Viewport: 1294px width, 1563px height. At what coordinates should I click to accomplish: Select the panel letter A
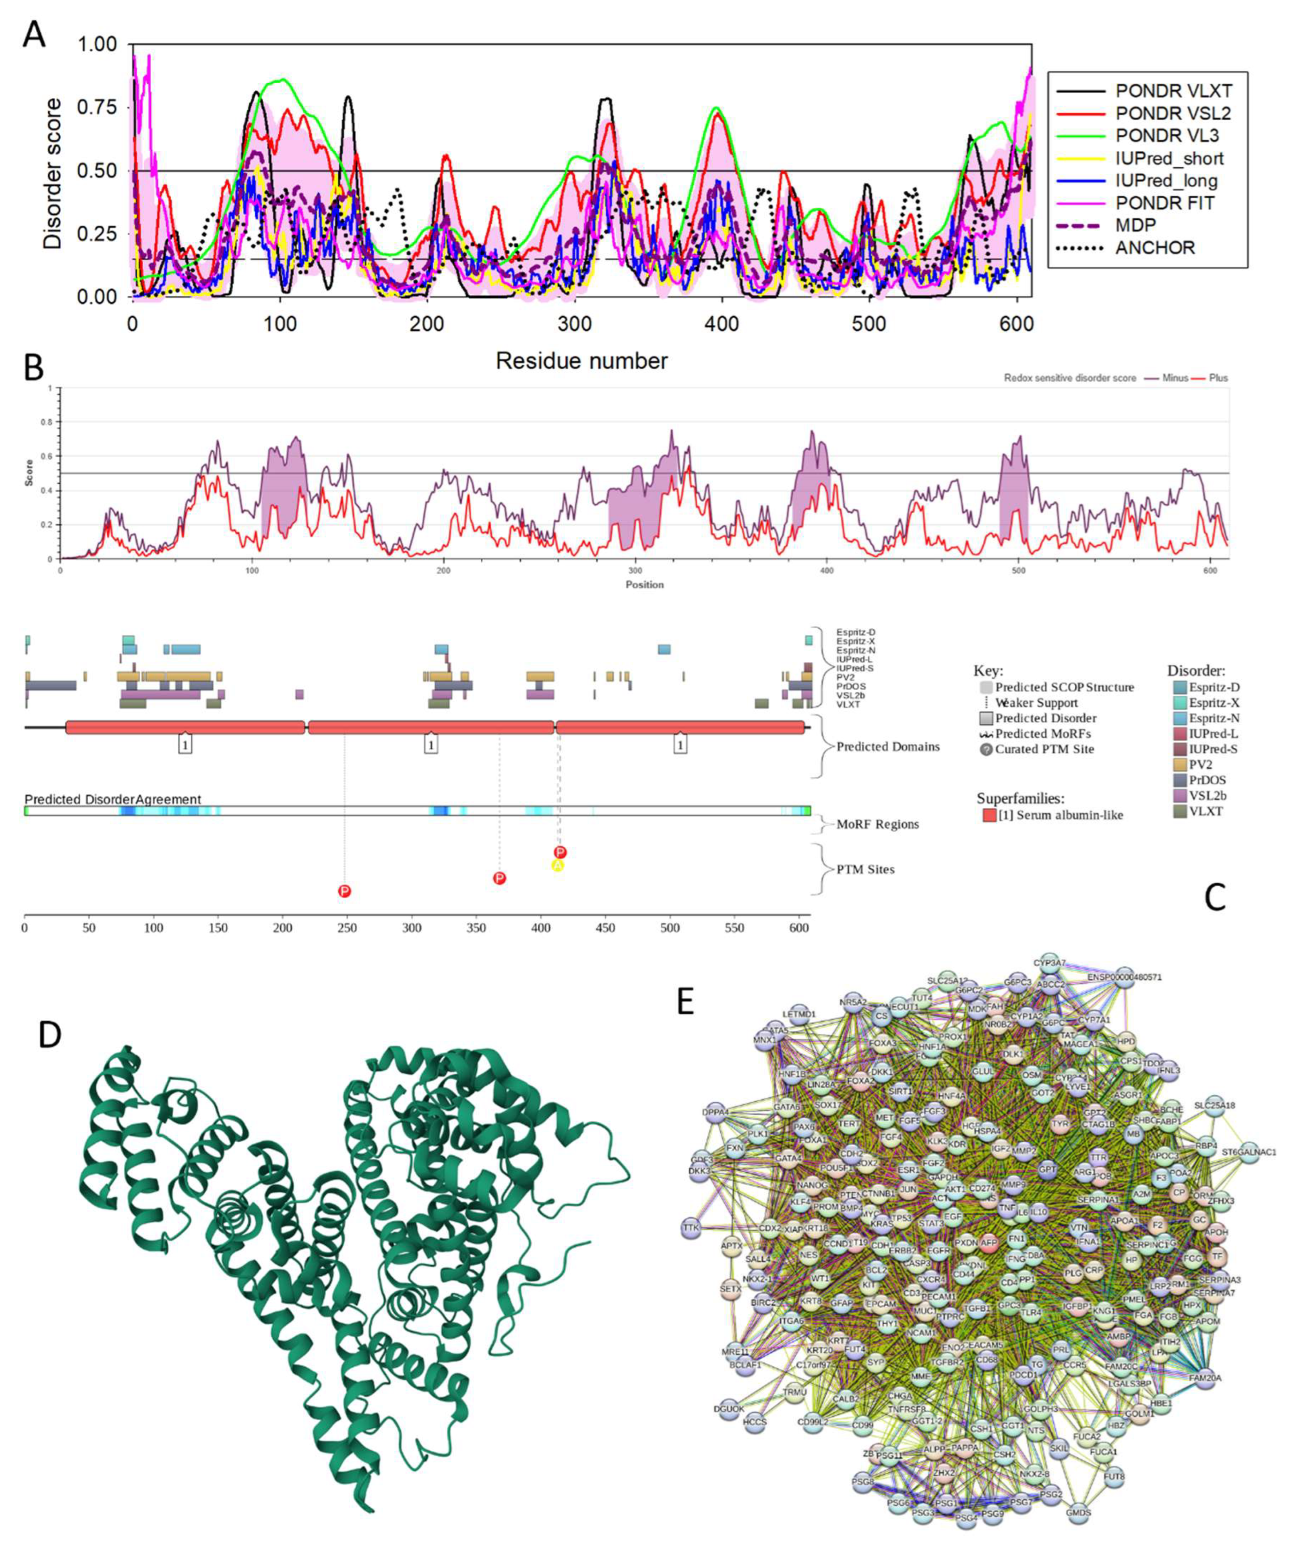point(34,34)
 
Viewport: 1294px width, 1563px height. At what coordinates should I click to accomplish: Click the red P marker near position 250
point(344,891)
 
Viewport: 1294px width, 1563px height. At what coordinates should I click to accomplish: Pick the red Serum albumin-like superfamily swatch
point(989,815)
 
